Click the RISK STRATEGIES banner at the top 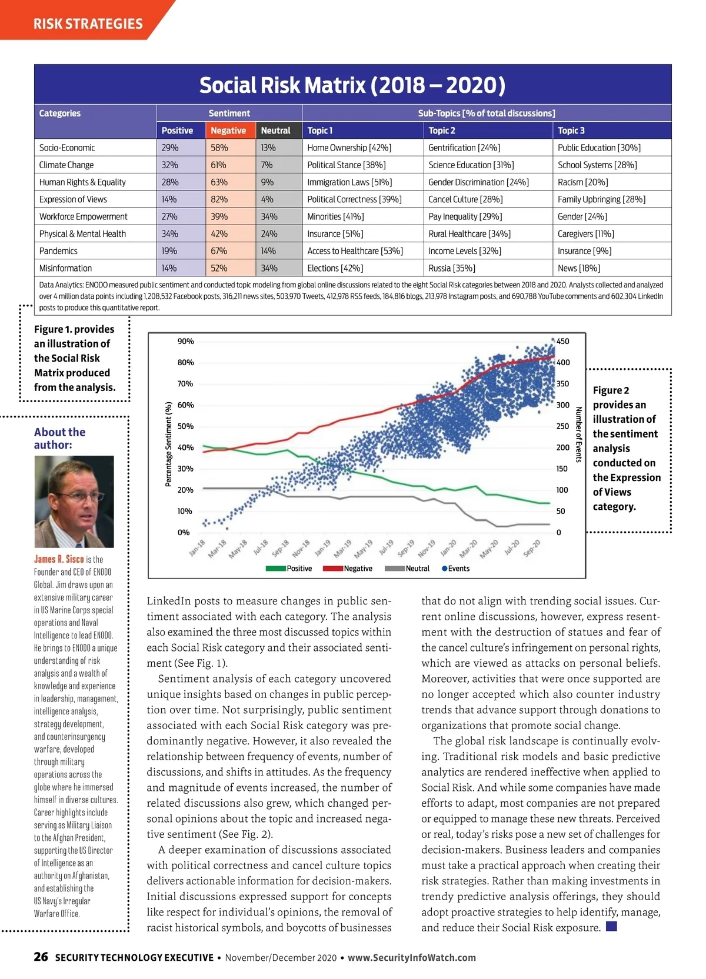click(88, 24)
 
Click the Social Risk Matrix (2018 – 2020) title click(352, 85)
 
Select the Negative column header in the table click(228, 131)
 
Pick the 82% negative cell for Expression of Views click(219, 199)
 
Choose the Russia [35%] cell click(451, 268)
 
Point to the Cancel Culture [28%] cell click(465, 199)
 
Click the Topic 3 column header click(571, 131)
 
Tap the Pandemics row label click(58, 251)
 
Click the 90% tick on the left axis click(185, 342)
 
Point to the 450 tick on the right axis click(562, 342)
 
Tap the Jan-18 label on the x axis click(197, 547)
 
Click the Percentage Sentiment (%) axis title click(169, 444)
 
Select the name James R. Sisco click(59, 559)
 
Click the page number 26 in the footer click(41, 957)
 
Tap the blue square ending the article click(611, 927)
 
